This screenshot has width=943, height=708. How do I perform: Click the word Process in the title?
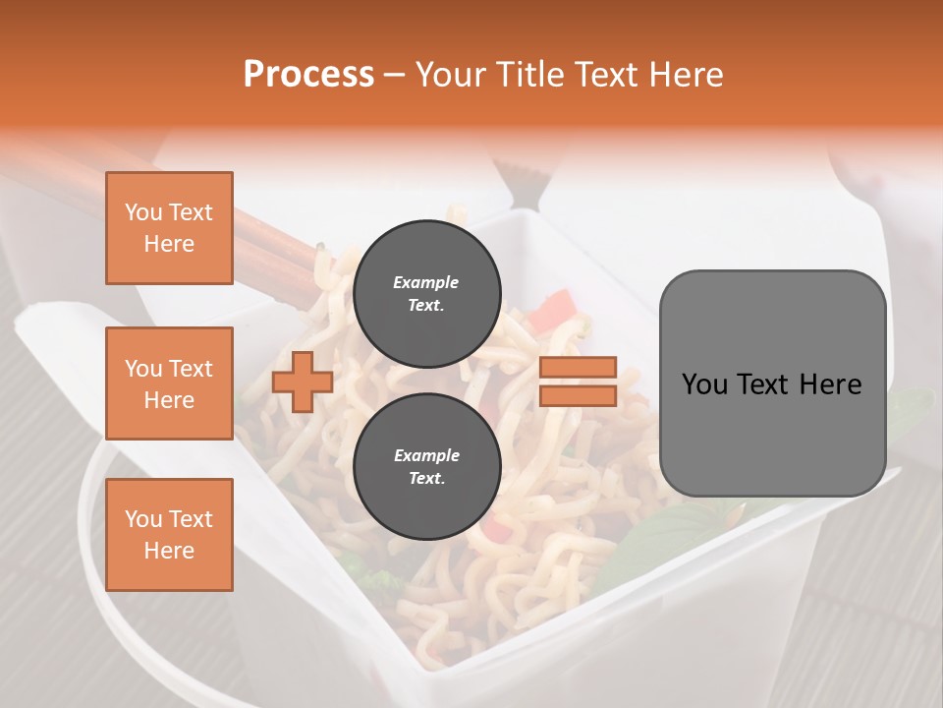[x=308, y=75]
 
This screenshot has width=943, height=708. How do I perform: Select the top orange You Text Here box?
[x=169, y=228]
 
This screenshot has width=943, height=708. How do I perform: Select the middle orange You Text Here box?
[x=169, y=383]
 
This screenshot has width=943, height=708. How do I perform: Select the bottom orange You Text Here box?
[x=169, y=535]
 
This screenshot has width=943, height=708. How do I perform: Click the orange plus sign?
[x=303, y=382]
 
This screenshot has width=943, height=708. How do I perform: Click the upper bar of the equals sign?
[x=578, y=367]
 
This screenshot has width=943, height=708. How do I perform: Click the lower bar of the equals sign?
[x=578, y=395]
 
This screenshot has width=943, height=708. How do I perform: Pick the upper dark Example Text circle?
[x=426, y=294]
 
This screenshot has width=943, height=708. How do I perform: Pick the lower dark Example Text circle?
[x=426, y=467]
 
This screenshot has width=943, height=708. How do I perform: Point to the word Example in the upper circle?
[x=425, y=282]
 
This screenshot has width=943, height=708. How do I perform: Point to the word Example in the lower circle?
[x=426, y=455]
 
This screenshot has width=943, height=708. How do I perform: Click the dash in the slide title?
[x=394, y=75]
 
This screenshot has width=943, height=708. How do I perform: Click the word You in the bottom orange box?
[x=142, y=519]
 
